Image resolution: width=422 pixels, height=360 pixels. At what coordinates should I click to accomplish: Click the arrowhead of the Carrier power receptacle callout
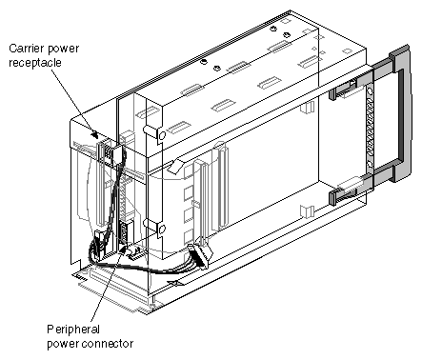pyautogui.click(x=95, y=137)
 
